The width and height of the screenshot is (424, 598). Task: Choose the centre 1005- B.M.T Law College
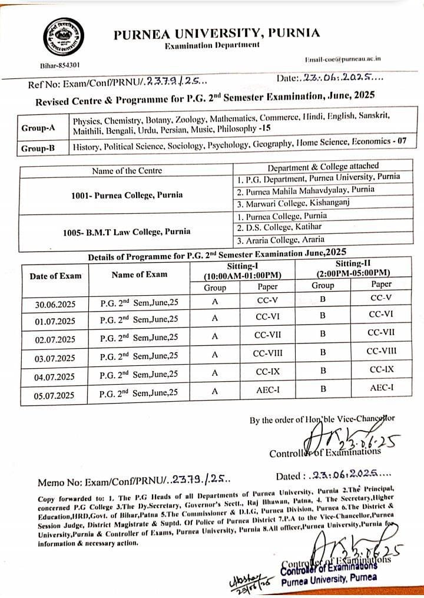126,232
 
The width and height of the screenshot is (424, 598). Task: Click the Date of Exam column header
55,276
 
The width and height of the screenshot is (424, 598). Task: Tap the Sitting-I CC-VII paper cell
268,336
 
